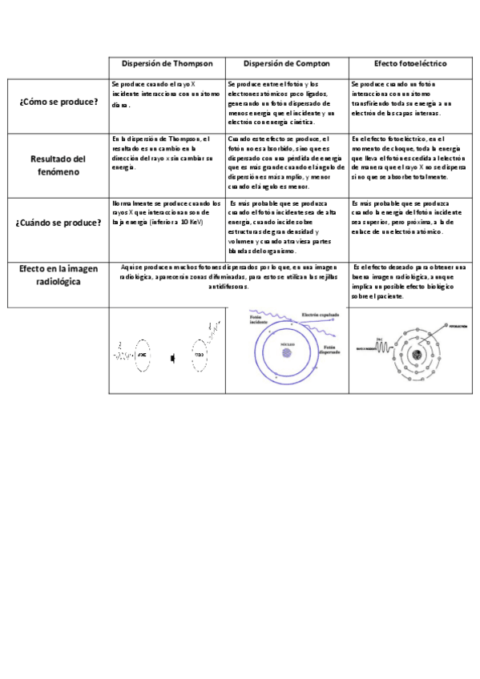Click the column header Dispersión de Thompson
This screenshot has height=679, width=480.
167,63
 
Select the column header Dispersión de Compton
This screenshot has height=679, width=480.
286,63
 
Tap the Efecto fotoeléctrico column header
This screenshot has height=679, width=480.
410,63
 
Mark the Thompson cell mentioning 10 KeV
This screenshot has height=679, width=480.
167,212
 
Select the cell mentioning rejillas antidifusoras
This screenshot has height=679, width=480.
228,275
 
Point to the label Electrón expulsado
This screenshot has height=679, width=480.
320,315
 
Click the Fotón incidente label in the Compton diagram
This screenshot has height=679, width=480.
257,319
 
